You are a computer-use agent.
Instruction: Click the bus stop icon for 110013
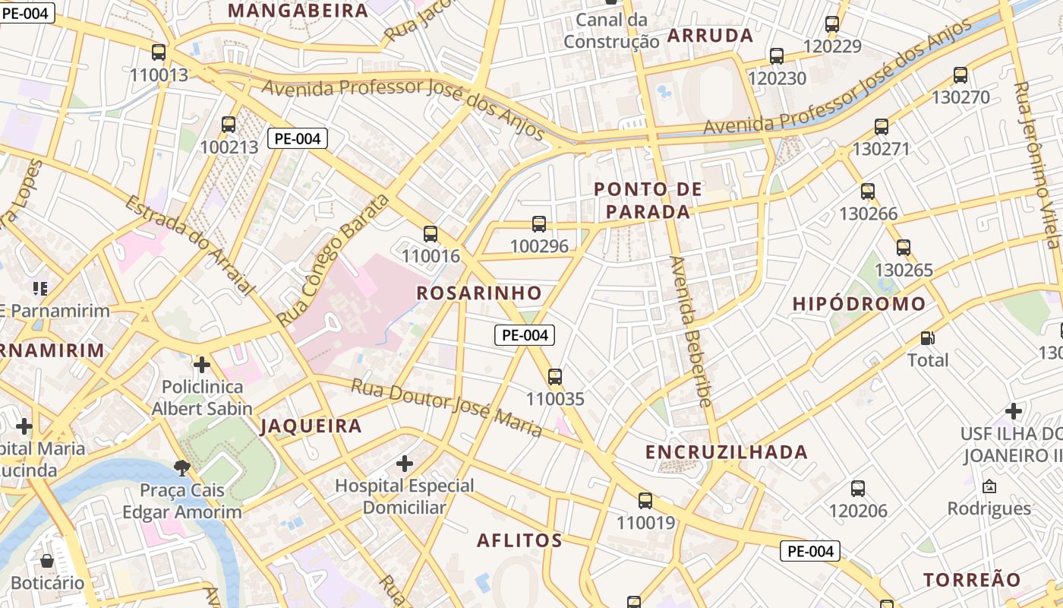[159, 52]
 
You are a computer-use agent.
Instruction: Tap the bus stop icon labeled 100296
[539, 223]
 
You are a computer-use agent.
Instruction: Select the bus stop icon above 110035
[555, 376]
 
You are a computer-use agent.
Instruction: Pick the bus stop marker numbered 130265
[904, 248]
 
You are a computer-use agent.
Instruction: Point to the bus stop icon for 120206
[858, 489]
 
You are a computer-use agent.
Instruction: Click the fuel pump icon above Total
[927, 337]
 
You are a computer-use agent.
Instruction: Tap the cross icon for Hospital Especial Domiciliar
[405, 463]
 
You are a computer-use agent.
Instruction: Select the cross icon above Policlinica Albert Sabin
[201, 365]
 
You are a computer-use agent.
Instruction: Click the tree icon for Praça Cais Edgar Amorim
[181, 467]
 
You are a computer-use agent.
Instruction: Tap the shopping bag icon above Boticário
[47, 561]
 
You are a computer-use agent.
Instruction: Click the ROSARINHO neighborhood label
[479, 293]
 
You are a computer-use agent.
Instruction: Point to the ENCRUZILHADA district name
[726, 452]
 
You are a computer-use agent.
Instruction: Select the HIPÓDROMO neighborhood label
[859, 304]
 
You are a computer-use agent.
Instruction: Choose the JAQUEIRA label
[311, 426]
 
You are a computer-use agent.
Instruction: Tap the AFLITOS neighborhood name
[519, 540]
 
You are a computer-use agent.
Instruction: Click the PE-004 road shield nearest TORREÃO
[811, 551]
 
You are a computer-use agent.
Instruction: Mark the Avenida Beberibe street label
[689, 331]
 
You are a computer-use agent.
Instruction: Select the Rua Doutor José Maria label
[446, 407]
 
